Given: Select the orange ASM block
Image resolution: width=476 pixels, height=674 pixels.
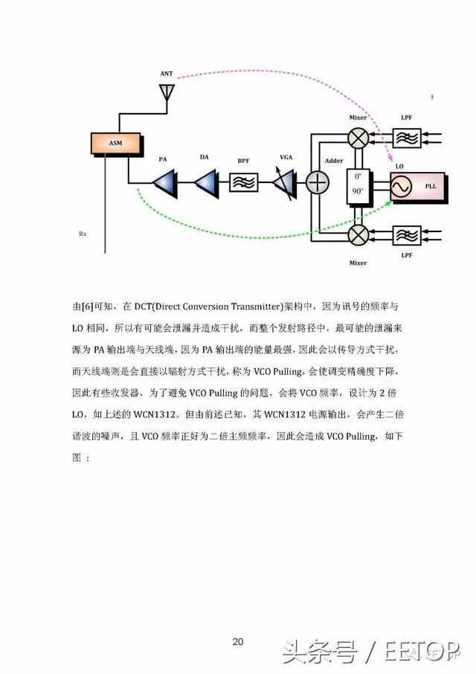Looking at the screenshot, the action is pos(115,143).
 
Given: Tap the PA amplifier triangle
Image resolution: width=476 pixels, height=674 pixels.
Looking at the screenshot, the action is pos(164,184).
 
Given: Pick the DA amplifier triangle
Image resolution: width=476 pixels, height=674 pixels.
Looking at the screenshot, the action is pos(206,184).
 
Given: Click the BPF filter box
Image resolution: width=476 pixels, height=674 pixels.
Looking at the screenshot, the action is pos(244,183).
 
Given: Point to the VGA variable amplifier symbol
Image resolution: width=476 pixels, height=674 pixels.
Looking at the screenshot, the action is pos(284,184).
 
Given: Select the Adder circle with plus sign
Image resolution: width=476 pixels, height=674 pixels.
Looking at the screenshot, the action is pos(317,183).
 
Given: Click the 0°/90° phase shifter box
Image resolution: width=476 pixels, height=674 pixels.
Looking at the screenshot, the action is pos(358,186).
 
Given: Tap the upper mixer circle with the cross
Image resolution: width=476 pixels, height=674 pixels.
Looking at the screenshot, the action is pos(358,138).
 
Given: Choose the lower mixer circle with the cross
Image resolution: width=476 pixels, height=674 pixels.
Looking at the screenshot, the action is pos(358,235).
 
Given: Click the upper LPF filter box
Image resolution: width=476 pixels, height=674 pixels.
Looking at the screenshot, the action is pos(407,138).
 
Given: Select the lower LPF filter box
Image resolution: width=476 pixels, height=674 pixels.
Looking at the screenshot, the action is pos(407,235).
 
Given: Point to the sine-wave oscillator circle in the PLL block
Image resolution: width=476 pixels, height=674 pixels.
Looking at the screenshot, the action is pos(401,187).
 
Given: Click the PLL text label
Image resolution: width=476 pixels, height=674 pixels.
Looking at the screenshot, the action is pos(431,186).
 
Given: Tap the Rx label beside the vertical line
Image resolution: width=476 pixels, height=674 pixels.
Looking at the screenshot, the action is pos(83,234).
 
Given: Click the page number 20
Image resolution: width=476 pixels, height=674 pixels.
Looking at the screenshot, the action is pos(238,642).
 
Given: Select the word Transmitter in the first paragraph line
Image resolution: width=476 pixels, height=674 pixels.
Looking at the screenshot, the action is pos(256,306).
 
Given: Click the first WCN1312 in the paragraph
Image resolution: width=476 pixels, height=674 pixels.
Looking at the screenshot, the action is pos(155,414).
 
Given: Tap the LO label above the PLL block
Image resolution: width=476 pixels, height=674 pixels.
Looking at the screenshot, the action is pos(399,166).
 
